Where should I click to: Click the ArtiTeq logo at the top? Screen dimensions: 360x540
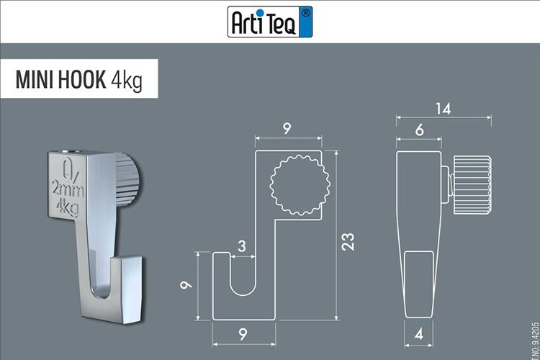coord(271,22)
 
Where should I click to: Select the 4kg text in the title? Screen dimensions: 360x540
coord(126,81)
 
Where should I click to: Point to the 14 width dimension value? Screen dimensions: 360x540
coord(442,109)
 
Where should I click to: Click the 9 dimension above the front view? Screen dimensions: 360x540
coord(287,130)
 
